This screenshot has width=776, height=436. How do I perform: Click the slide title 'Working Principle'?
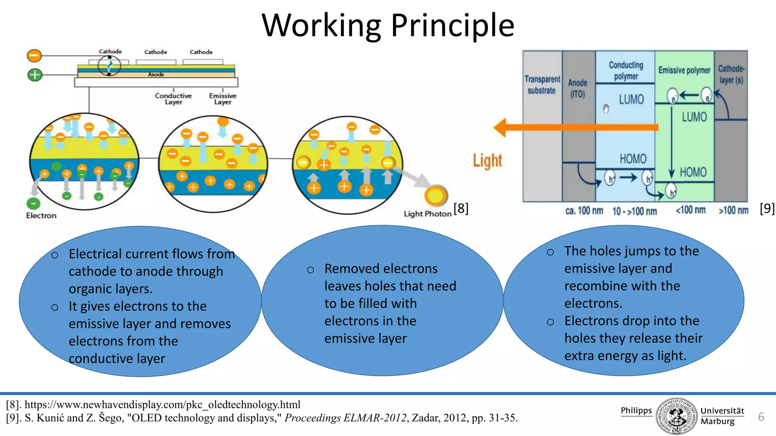388,25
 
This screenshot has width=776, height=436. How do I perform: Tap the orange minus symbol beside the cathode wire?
34,56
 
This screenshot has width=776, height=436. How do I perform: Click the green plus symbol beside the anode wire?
35,75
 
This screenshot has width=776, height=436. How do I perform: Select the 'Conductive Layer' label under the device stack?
174,99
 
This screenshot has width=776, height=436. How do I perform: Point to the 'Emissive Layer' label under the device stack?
223,99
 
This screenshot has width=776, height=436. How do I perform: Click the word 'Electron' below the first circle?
41,215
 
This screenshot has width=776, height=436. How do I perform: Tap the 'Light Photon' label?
427,214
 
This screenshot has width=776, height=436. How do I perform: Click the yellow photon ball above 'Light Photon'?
436,196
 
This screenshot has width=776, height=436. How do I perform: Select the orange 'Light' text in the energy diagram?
487,160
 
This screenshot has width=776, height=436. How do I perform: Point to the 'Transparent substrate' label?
542,85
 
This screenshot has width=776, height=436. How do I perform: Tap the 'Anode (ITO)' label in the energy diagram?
577,88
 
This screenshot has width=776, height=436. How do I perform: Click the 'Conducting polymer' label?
626,70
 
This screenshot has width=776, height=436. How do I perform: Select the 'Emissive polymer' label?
684,70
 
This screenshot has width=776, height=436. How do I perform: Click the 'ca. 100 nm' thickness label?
584,211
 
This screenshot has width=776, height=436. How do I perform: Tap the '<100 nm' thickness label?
690,210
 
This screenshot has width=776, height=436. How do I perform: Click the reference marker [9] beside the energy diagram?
767,208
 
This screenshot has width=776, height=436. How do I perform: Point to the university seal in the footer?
676,416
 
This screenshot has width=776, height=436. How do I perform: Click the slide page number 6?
761,417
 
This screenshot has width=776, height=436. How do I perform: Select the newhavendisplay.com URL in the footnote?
163,405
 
